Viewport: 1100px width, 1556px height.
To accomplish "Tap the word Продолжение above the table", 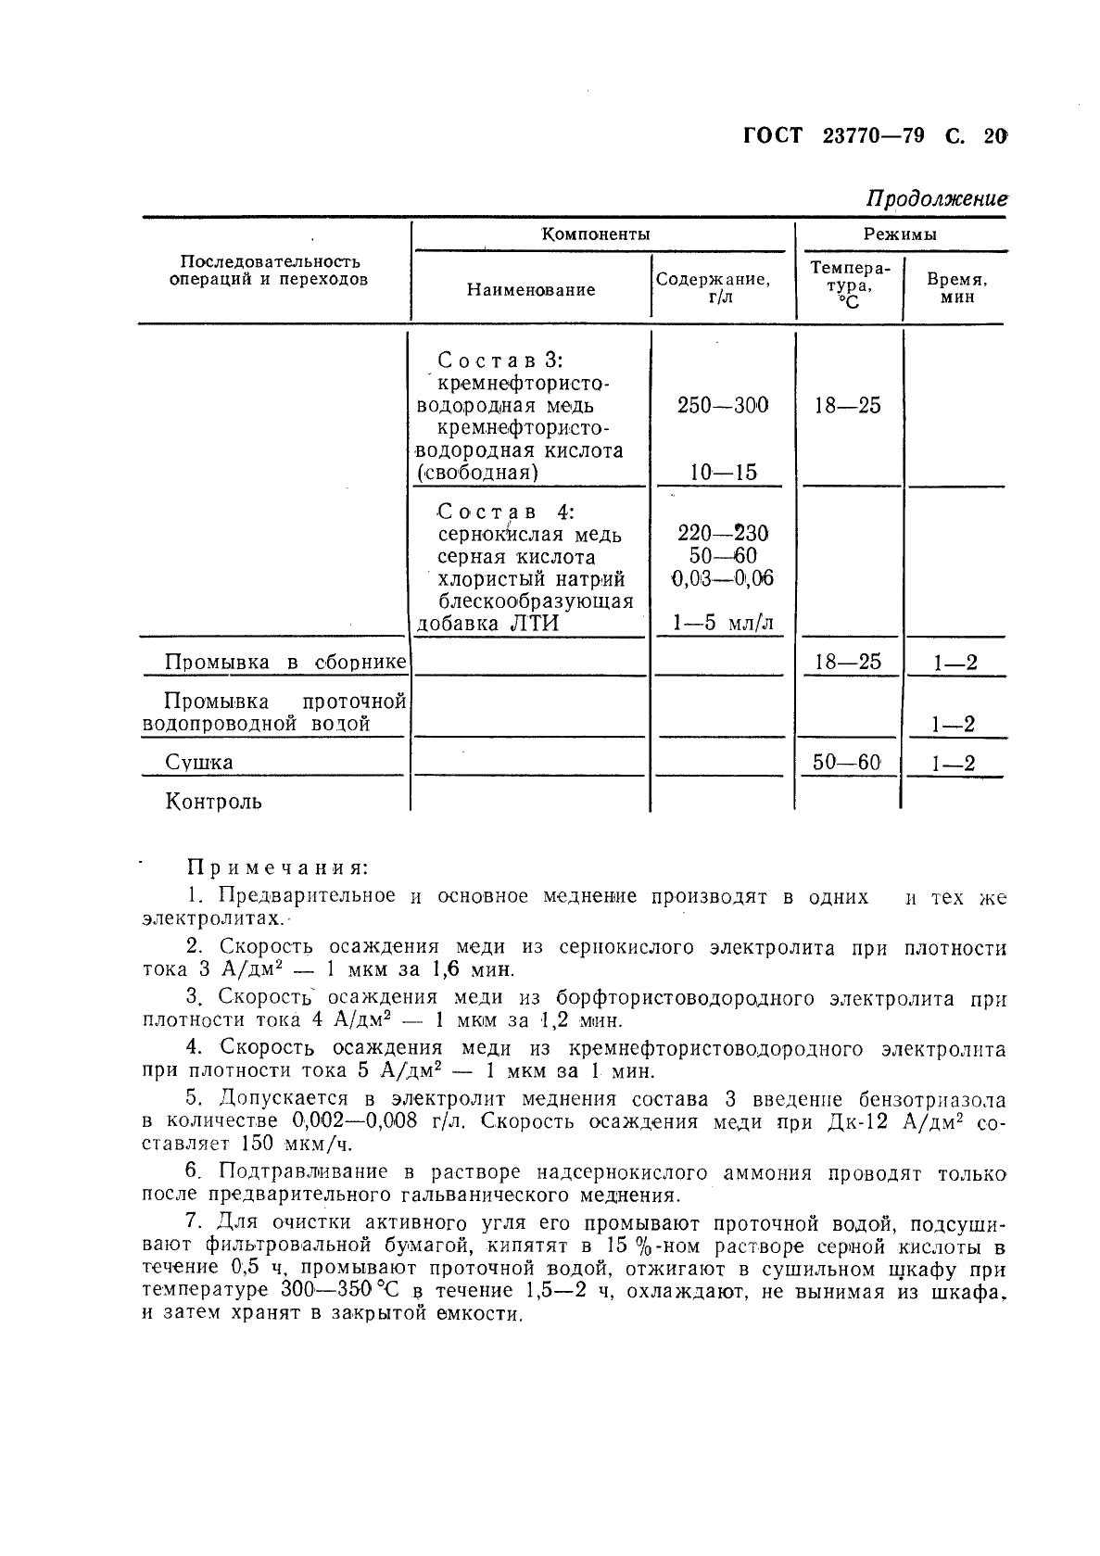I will point(936,197).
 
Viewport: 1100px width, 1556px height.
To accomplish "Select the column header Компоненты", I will point(596,234).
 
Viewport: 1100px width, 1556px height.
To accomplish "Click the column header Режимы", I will point(900,234).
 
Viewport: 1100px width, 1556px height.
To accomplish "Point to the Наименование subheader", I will point(530,290).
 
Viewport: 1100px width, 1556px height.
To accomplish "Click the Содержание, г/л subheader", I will point(713,287).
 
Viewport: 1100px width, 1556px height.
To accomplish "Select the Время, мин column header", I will point(955,288).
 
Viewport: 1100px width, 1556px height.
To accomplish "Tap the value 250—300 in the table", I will point(723,406).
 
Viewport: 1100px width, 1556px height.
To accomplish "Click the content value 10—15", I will point(723,473).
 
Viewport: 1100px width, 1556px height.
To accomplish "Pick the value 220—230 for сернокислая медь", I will point(723,534).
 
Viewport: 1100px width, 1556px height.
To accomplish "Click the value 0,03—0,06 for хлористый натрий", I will point(723,579).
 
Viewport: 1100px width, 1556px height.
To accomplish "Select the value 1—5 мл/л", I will point(723,624).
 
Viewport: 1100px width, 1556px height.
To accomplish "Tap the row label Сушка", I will point(199,763).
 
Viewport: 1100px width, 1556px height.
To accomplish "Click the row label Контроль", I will point(213,802).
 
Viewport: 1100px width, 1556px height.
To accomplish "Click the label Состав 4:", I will point(506,512).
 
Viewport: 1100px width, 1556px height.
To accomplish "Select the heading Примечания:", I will point(278,869).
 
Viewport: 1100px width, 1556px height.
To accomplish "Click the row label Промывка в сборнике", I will point(284,663).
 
